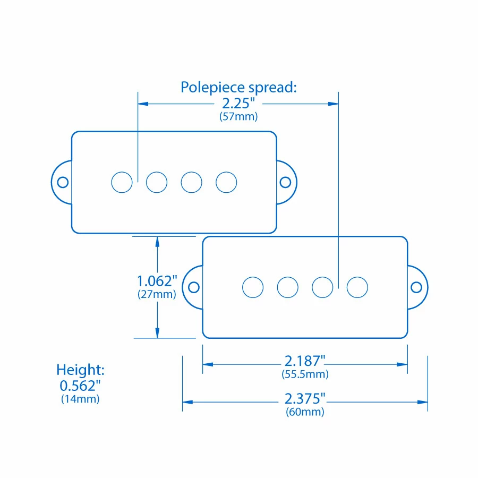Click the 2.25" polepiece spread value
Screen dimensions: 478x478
(x=238, y=104)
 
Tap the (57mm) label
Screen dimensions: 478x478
(x=238, y=117)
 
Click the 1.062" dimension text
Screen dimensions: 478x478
(x=157, y=280)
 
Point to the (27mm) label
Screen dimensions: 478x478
(x=157, y=294)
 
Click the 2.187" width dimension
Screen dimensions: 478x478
(x=305, y=361)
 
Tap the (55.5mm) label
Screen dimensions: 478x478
(x=305, y=374)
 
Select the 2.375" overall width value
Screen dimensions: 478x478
(x=305, y=399)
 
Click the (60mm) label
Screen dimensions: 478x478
(x=305, y=412)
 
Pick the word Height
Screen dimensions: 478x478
(x=81, y=370)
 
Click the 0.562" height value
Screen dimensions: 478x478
(x=80, y=385)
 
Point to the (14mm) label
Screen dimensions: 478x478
(x=80, y=399)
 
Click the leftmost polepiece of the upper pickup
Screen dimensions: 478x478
(x=122, y=182)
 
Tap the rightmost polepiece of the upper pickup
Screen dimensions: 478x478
(x=226, y=182)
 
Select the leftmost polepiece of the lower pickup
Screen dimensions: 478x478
(x=253, y=287)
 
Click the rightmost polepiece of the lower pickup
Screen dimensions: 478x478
(x=357, y=287)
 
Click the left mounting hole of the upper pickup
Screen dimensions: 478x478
(x=63, y=182)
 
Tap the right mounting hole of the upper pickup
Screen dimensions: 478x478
(x=285, y=182)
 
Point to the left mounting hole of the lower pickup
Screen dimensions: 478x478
(x=194, y=287)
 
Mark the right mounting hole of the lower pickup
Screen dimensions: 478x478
(x=417, y=287)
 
